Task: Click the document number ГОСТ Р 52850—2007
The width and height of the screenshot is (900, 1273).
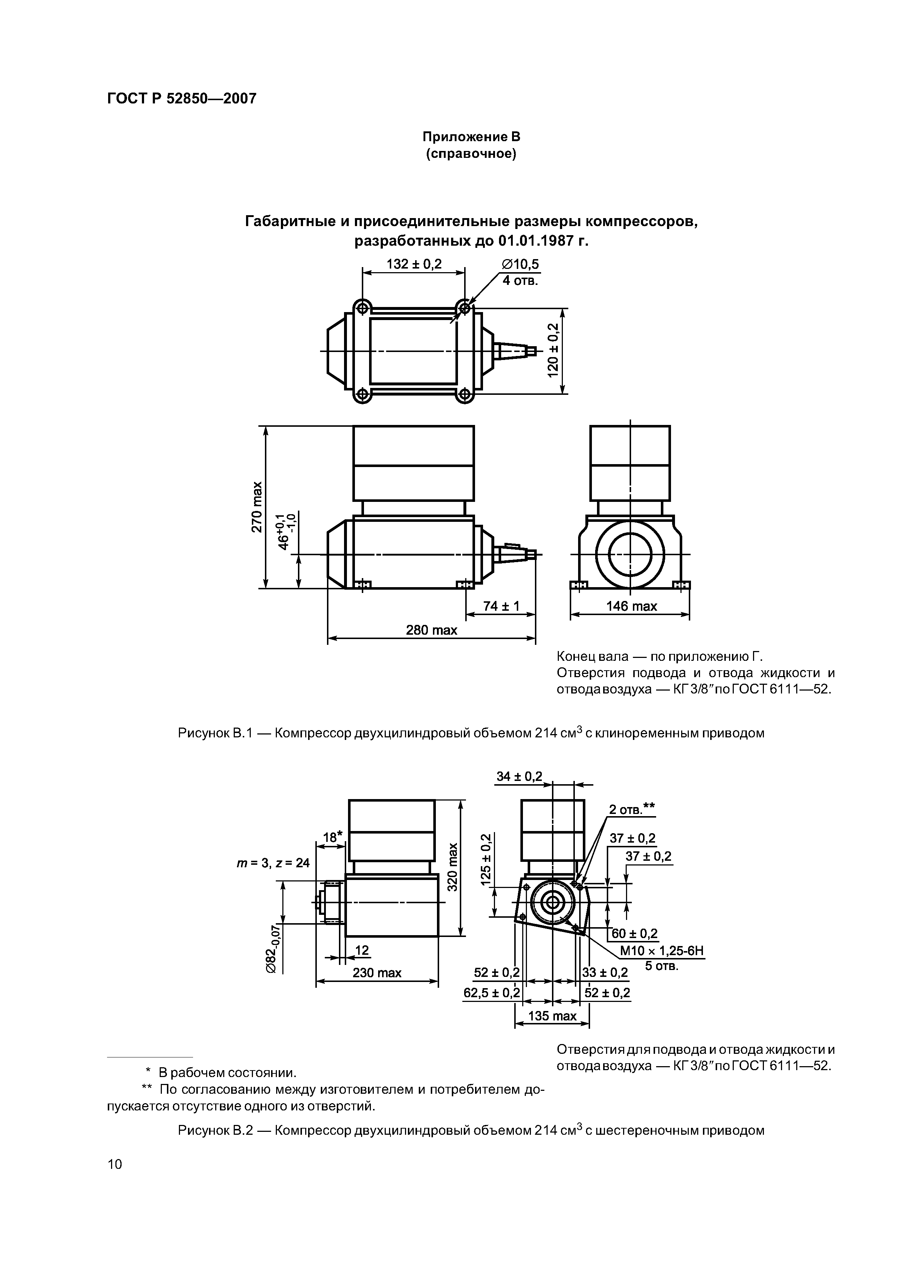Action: pos(181,99)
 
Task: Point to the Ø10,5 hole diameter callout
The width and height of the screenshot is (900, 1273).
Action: pos(520,265)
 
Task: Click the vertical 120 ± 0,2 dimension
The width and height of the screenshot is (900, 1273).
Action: pos(553,351)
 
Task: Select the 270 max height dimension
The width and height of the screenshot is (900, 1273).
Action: pos(256,507)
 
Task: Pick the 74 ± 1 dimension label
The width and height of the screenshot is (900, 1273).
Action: pos(501,606)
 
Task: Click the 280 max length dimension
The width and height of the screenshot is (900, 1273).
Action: pos(431,630)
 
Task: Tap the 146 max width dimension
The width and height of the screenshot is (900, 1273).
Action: pos(631,606)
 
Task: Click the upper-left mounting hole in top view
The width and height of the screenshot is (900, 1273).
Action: pos(363,308)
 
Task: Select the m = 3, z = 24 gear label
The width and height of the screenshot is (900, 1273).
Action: pos(273,863)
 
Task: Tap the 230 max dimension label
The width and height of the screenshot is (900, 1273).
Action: pos(377,973)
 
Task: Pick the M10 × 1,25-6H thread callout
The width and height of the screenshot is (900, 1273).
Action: pos(662,951)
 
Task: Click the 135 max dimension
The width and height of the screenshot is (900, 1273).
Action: pos(552,1016)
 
